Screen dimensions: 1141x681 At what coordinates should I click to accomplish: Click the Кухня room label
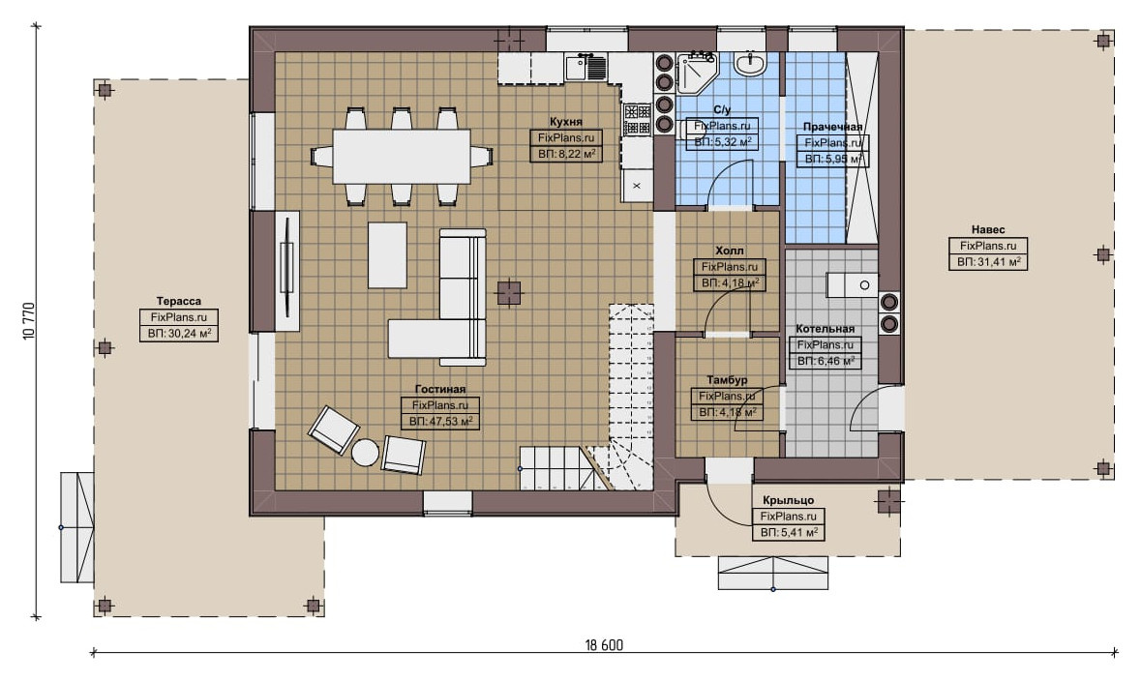tap(565, 122)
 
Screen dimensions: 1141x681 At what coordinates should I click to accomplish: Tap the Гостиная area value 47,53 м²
tap(440, 421)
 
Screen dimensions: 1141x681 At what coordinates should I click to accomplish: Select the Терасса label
tap(178, 301)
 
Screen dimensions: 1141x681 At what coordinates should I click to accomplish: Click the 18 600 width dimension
tap(604, 645)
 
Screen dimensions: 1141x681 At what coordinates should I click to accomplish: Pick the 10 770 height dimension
tap(29, 321)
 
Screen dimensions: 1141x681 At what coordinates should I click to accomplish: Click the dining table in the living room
tap(401, 157)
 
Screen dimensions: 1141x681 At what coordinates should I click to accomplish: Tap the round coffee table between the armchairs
tap(365, 453)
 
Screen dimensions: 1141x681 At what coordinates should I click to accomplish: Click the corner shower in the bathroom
tap(696, 73)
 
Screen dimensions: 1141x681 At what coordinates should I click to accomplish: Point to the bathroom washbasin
tap(749, 63)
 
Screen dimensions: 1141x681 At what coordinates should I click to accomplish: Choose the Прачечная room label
tap(832, 128)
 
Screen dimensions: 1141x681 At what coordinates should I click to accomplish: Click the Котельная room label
tap(826, 329)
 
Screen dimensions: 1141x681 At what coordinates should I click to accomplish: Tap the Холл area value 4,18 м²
tap(730, 283)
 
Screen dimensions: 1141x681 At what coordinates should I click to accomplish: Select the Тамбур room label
tap(727, 380)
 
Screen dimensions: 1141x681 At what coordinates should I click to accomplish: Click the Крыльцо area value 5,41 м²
tap(789, 533)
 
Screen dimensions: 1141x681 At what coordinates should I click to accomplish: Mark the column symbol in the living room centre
tap(509, 292)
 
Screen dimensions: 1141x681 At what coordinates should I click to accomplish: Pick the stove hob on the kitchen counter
tap(638, 120)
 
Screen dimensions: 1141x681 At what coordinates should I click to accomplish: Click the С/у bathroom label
tap(722, 110)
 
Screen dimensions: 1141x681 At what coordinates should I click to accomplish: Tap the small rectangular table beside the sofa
tap(387, 255)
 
